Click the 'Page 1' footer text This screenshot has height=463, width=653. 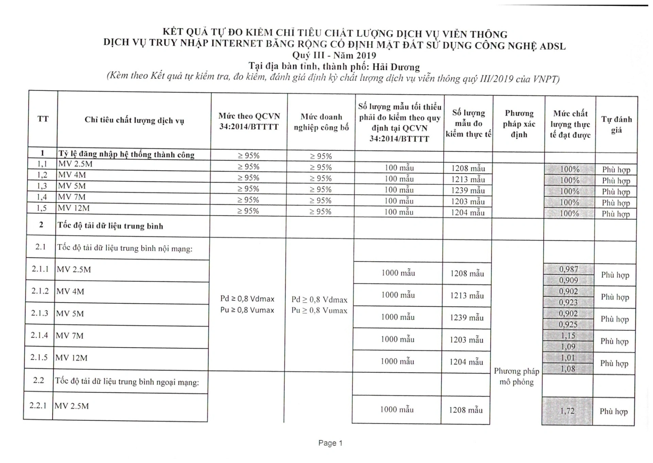coord(330,443)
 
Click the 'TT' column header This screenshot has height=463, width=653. coord(43,119)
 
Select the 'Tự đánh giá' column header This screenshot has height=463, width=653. coord(616,124)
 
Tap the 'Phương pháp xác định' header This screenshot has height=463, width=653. coord(519,124)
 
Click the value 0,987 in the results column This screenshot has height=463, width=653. coord(569,269)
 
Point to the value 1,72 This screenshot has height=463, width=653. coord(567,411)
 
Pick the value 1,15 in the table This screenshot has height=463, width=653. coord(568,336)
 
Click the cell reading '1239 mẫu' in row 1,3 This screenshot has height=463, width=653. coord(468,190)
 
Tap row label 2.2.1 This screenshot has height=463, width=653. coord(38,405)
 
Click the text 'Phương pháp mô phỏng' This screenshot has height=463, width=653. coord(516,376)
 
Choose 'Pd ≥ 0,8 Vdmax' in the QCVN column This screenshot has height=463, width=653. coord(247,299)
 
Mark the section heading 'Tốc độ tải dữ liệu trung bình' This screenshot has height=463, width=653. coord(110,226)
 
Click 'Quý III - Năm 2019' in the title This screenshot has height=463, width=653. coord(334,55)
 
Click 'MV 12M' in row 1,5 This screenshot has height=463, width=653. coord(74,208)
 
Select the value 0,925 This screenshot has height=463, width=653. coord(568,324)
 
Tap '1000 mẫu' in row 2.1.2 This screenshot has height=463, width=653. coord(398,295)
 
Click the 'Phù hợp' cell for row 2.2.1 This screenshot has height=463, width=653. coord(613,411)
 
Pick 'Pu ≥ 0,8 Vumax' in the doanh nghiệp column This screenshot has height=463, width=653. coord(319,310)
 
